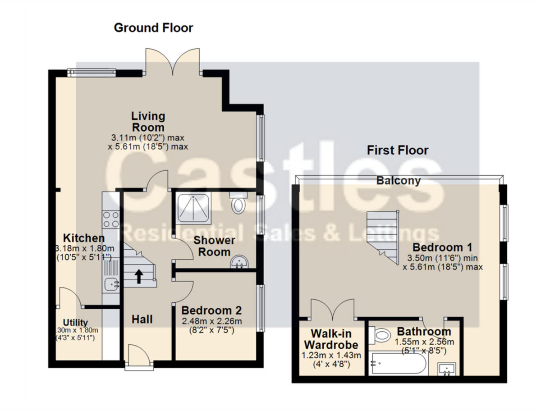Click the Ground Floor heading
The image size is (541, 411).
pyautogui.click(x=153, y=28)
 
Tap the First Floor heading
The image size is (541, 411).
pyautogui.click(x=397, y=150)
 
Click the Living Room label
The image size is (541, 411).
pyautogui.click(x=148, y=122)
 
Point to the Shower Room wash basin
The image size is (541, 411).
pyautogui.click(x=239, y=262)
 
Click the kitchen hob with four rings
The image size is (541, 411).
pyautogui.click(x=111, y=218)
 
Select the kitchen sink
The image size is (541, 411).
pyautogui.click(x=110, y=284)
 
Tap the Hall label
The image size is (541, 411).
pyautogui.click(x=142, y=320)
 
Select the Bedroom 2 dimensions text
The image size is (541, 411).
pyautogui.click(x=211, y=325)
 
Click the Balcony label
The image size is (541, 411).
pyautogui.click(x=399, y=181)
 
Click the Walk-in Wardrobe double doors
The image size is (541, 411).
pyautogui.click(x=332, y=310)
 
